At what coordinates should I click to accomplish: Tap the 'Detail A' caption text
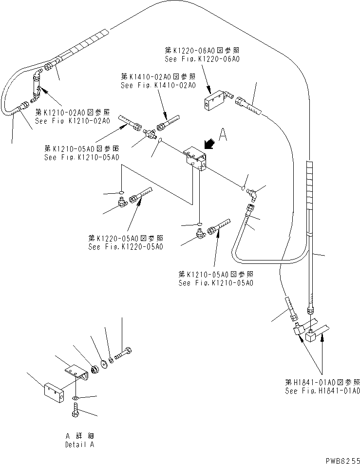coord(80,445)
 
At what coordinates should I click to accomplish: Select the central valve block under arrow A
coord(195,160)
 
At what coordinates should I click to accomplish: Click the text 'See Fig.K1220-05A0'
coord(125,247)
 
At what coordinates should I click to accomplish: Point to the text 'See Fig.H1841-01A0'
coord(323,390)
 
